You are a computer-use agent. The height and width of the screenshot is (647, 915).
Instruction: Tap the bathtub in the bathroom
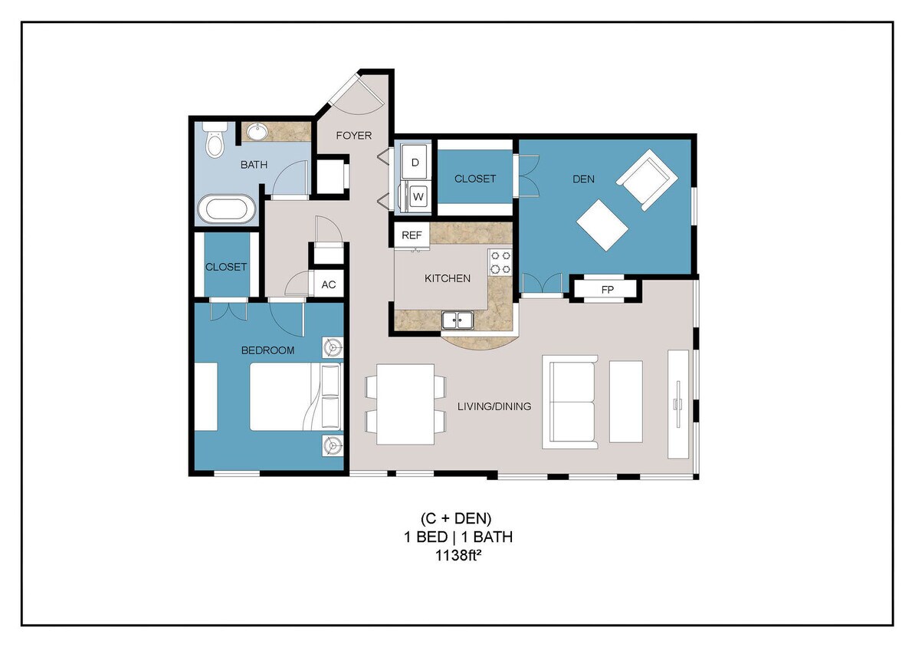[x=227, y=209]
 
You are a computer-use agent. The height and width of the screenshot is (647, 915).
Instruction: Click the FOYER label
[x=354, y=136]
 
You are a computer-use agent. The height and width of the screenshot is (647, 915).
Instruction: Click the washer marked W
[x=418, y=196]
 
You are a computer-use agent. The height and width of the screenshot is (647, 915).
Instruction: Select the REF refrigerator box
[x=412, y=235]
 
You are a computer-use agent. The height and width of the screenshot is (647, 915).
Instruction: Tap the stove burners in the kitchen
[x=501, y=262]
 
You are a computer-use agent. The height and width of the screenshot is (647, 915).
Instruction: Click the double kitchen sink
[x=458, y=320]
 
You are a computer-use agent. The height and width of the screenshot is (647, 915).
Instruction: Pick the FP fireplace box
[x=608, y=290]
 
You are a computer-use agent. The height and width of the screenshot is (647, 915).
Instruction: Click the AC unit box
[x=329, y=284]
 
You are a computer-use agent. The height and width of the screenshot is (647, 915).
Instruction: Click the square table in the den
[x=602, y=225]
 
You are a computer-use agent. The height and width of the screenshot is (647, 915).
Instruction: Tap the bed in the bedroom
[x=294, y=396]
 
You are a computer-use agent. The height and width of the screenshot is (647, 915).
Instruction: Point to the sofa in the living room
[x=569, y=402]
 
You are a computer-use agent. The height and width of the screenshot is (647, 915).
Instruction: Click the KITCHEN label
[x=448, y=278]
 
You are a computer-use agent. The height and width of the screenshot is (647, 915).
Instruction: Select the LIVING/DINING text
[x=494, y=406]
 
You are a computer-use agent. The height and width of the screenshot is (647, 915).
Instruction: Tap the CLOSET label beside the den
[x=475, y=179]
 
